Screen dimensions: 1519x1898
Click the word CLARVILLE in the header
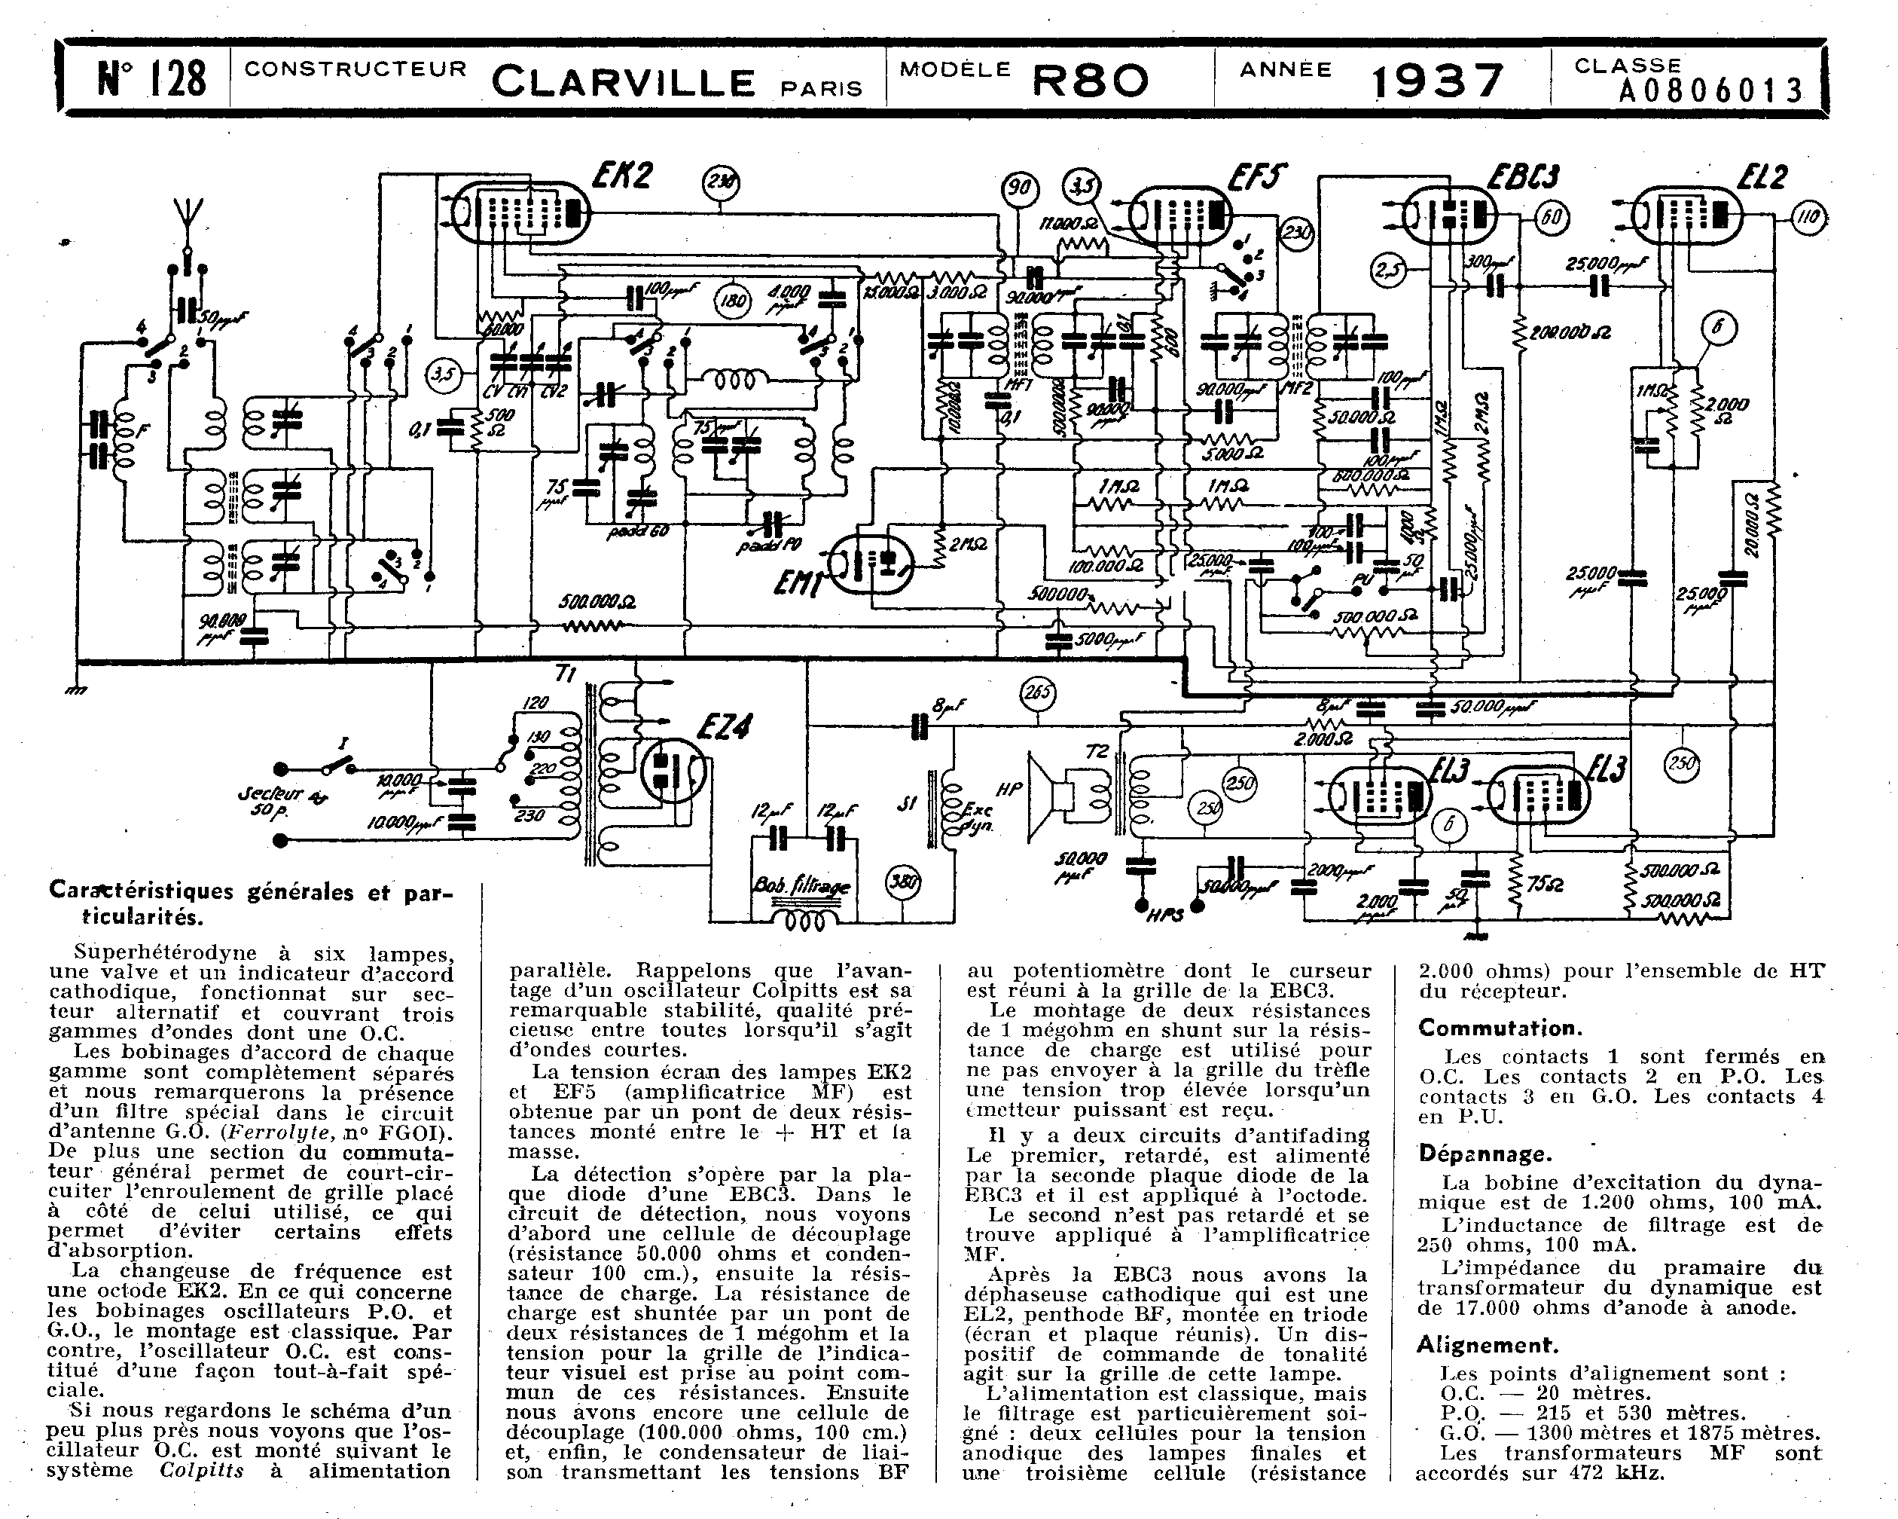(624, 83)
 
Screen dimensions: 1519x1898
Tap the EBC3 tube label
(1522, 177)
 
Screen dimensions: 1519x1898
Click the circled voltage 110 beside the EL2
(1808, 216)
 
